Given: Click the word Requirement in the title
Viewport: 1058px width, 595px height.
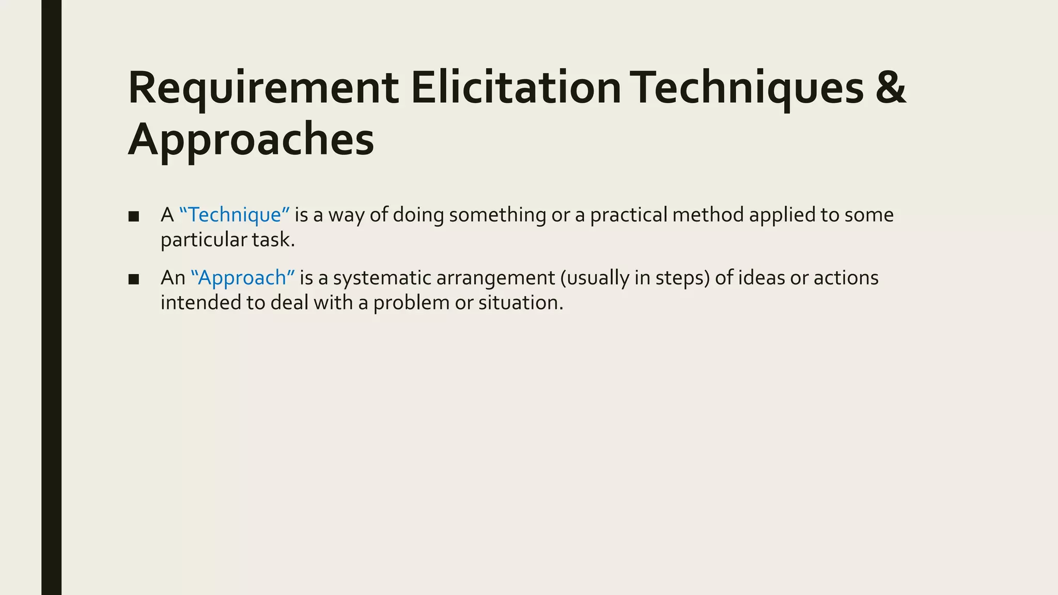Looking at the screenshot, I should click(262, 89).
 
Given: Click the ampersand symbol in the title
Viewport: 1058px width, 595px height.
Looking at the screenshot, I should click(891, 89).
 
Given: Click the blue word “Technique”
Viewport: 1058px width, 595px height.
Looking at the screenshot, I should click(235, 215).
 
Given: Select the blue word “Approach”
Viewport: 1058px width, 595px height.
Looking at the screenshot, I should click(242, 278).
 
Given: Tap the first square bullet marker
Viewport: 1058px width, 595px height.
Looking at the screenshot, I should click(134, 216).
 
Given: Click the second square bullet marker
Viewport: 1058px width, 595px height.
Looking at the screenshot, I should click(134, 279).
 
